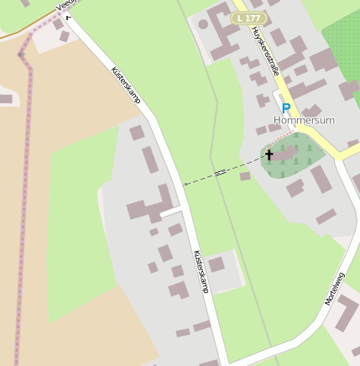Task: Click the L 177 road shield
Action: [249, 18]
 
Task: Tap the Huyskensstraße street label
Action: [264, 51]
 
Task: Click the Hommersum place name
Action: [304, 120]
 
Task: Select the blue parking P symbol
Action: [285, 108]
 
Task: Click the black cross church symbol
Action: [269, 154]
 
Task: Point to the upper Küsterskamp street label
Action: [126, 86]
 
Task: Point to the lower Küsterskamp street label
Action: [200, 271]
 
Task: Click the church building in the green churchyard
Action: [284, 154]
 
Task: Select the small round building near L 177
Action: [202, 24]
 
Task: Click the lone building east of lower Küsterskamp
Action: [217, 264]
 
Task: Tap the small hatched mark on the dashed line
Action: [219, 173]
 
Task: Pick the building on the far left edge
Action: [5, 99]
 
